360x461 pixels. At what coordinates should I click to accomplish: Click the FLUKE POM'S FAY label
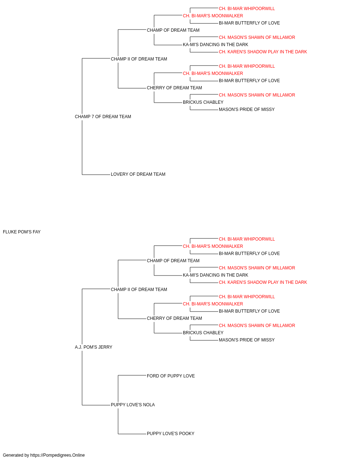tap(22, 232)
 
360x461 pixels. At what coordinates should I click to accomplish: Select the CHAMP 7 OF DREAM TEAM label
tap(103, 117)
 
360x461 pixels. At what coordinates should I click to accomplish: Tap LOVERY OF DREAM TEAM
tap(138, 174)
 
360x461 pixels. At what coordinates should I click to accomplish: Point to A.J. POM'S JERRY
tap(94, 347)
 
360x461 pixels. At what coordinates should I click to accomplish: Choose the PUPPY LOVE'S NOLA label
tap(133, 405)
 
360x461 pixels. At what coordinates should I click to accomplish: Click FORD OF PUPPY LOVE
tap(171, 376)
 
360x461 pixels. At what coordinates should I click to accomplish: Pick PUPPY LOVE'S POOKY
tap(170, 434)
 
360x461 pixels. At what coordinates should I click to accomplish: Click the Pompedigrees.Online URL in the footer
tap(58, 455)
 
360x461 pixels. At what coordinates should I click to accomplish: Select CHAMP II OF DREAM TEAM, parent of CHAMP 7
tap(139, 59)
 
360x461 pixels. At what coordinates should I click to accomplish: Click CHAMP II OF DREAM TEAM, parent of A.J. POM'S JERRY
tap(139, 290)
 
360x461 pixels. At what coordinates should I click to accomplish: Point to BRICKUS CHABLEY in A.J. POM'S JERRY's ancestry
tap(203, 333)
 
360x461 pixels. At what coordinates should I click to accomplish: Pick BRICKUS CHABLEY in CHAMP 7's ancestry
tap(203, 102)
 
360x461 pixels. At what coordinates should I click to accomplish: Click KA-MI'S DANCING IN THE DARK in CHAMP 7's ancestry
tap(215, 45)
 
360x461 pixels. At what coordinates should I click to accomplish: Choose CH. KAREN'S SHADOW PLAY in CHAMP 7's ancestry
tap(263, 52)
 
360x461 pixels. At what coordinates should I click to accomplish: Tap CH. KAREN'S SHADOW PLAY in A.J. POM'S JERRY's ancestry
tap(263, 282)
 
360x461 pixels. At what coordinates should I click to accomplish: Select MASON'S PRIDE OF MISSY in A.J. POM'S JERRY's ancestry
tap(247, 340)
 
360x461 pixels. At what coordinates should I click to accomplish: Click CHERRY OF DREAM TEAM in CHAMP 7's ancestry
tap(174, 88)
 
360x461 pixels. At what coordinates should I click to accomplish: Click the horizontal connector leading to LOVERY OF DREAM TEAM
tap(96, 175)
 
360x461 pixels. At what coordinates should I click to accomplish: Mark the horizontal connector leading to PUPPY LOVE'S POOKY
tap(132, 434)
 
